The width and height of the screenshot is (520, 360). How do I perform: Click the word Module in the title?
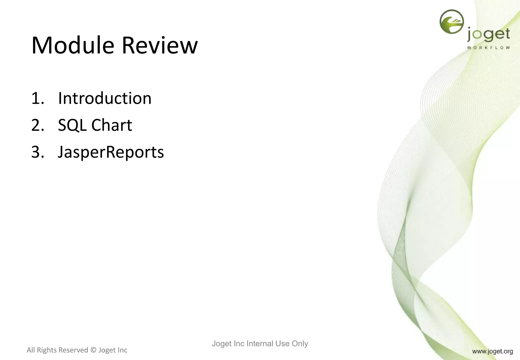click(x=73, y=46)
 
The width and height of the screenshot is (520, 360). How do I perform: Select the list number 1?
click(x=37, y=98)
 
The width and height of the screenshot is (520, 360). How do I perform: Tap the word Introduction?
click(x=105, y=98)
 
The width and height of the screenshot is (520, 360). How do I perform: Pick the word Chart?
click(x=112, y=125)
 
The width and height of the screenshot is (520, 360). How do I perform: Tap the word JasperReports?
click(x=111, y=153)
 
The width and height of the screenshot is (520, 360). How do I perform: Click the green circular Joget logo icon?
click(x=451, y=21)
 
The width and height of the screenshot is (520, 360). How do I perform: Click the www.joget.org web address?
click(x=492, y=351)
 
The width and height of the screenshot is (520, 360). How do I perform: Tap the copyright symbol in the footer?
click(x=93, y=350)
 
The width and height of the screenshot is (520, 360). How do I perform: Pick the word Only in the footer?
click(x=300, y=343)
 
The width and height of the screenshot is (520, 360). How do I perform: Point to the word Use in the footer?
click(x=282, y=343)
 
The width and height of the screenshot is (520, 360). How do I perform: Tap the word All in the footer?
click(x=31, y=350)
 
